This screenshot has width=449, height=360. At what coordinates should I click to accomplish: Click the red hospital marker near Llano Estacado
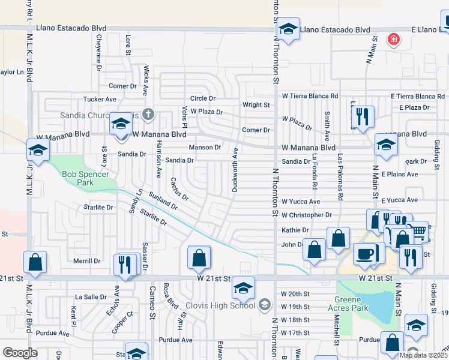pos(394,40)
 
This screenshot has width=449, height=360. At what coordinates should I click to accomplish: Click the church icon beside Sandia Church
pos(149,114)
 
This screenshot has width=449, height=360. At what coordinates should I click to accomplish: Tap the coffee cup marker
pos(364,254)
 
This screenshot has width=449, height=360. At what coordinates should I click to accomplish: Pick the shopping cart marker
pos(417,232)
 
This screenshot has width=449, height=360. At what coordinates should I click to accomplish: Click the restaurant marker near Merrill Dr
pos(125,265)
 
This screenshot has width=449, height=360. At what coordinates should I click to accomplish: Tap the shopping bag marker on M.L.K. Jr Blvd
pos(35,262)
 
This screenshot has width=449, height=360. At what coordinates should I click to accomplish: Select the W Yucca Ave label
pos(301,202)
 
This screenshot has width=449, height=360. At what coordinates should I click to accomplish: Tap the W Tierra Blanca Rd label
pos(310,96)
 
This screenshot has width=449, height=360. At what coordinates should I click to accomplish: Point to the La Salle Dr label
pos(90,296)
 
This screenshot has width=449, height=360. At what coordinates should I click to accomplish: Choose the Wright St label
pos(256,104)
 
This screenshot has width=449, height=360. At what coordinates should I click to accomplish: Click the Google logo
pos(20,352)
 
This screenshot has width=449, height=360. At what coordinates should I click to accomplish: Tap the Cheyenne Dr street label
pos(98,50)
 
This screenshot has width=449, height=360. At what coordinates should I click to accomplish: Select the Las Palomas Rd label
pos(340,178)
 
